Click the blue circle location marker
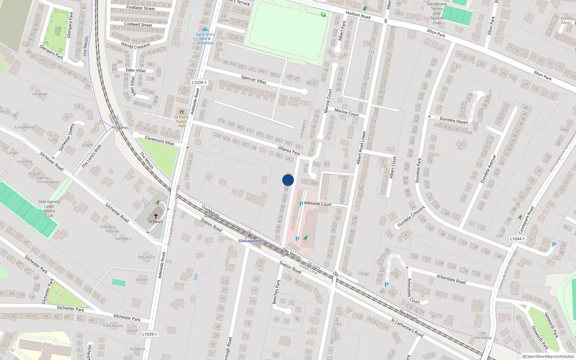[288, 180]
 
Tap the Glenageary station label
[250, 241]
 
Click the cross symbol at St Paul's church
[156, 216]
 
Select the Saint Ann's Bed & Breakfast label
[205, 39]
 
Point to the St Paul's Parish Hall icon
[181, 112]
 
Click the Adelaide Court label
[318, 204]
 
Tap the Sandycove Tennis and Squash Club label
[437, 13]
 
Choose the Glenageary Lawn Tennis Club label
[49, 208]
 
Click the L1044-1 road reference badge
[517, 239]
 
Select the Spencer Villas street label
[254, 80]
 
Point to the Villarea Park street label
[289, 150]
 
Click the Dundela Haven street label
[454, 120]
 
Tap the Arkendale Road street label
[451, 279]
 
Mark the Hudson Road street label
[358, 15]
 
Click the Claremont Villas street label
[159, 140]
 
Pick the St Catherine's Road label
[407, 328]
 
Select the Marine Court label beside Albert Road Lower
[347, 112]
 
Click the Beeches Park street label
[276, 292]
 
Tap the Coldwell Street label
[138, 24]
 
